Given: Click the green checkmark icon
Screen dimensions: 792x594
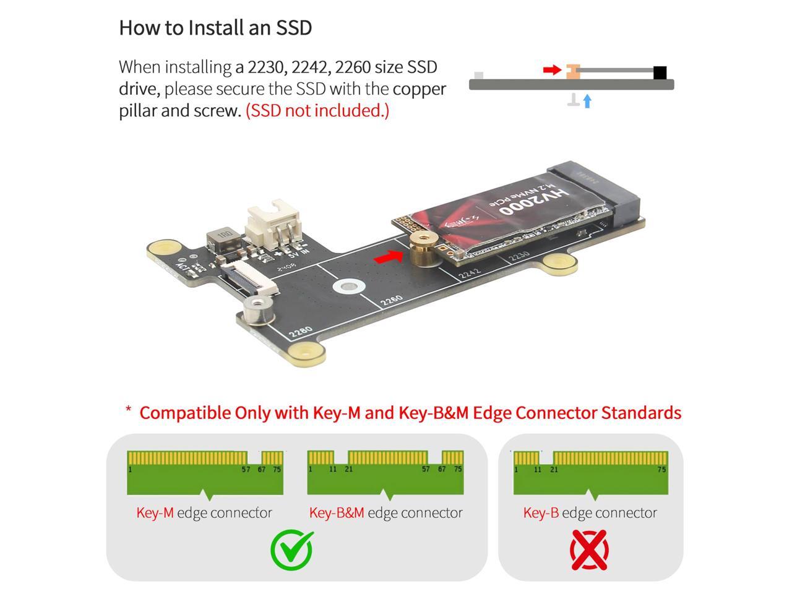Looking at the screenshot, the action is click(x=292, y=549).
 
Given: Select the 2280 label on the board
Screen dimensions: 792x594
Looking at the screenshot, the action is click(x=301, y=332).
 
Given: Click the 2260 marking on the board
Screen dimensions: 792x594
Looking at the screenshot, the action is click(x=392, y=301).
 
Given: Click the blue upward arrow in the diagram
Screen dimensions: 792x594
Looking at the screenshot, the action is click(x=587, y=101).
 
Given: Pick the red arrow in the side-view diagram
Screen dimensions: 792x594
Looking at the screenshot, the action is click(x=551, y=70).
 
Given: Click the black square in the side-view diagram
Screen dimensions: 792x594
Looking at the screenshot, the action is click(x=660, y=73).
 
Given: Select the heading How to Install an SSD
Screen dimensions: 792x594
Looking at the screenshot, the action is click(x=215, y=28).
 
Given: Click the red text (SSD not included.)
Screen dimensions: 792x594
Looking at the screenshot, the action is click(x=317, y=111).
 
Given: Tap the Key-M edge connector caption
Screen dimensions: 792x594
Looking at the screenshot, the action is click(x=204, y=513).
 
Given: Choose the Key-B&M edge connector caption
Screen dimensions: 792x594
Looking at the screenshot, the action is click(x=385, y=513).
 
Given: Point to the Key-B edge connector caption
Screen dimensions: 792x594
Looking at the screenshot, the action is click(x=590, y=513).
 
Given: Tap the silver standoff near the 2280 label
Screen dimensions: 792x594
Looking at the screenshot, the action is click(x=258, y=309).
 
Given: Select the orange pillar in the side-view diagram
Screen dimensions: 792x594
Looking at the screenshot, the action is click(x=572, y=72).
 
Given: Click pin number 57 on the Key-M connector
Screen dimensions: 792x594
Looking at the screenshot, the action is click(x=246, y=470).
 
